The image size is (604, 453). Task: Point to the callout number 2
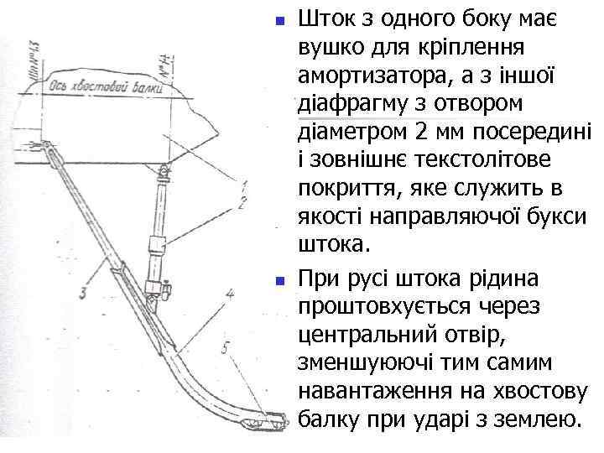242,201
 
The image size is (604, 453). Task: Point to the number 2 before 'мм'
419,133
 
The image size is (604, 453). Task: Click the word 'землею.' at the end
534,419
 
